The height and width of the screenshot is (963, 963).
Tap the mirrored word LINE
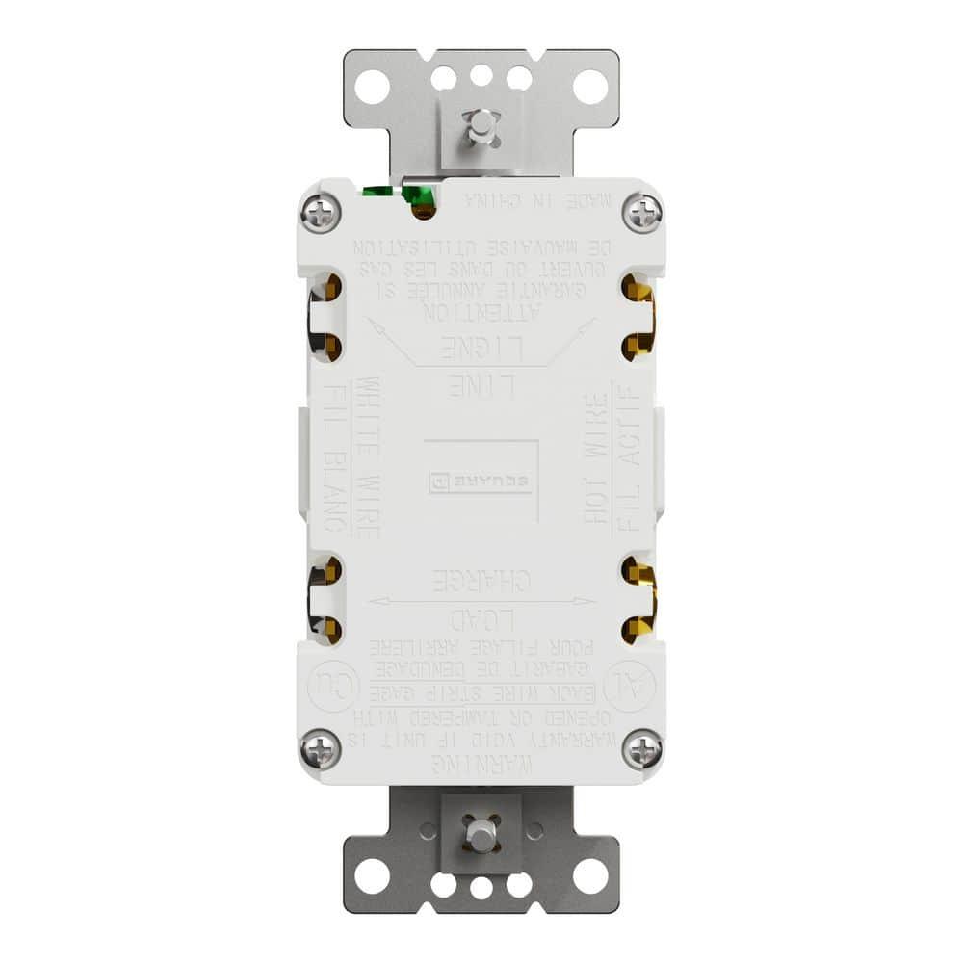(x=481, y=386)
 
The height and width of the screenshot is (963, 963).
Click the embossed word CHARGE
(x=481, y=582)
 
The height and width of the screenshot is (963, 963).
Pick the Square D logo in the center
(x=480, y=481)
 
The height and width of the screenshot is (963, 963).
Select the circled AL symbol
(x=637, y=687)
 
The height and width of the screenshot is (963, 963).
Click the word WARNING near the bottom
(x=481, y=764)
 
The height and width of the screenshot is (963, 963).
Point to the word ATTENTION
(x=481, y=312)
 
